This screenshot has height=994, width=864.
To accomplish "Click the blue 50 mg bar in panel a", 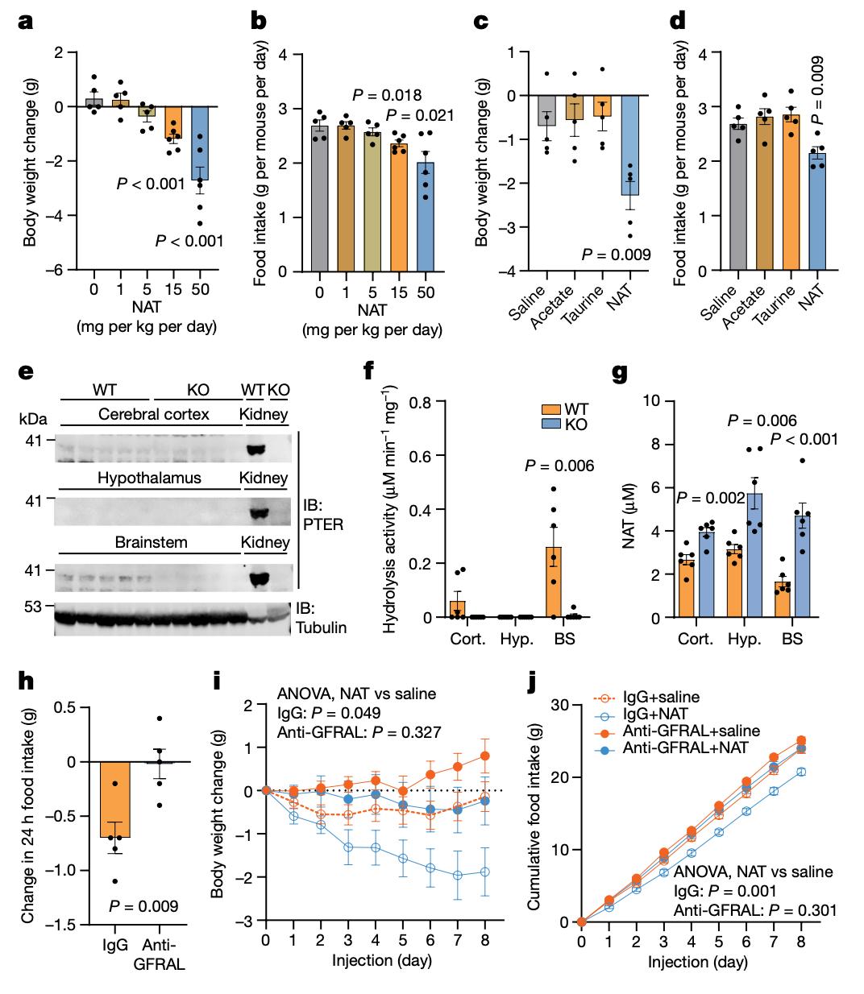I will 200,143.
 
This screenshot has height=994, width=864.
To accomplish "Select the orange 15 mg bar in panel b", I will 398,208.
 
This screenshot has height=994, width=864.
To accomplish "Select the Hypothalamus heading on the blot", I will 149,478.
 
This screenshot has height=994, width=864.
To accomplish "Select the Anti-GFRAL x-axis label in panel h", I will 162,954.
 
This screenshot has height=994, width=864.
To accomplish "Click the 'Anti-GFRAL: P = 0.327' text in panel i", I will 343,732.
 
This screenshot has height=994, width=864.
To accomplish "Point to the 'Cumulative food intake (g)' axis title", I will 535,814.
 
